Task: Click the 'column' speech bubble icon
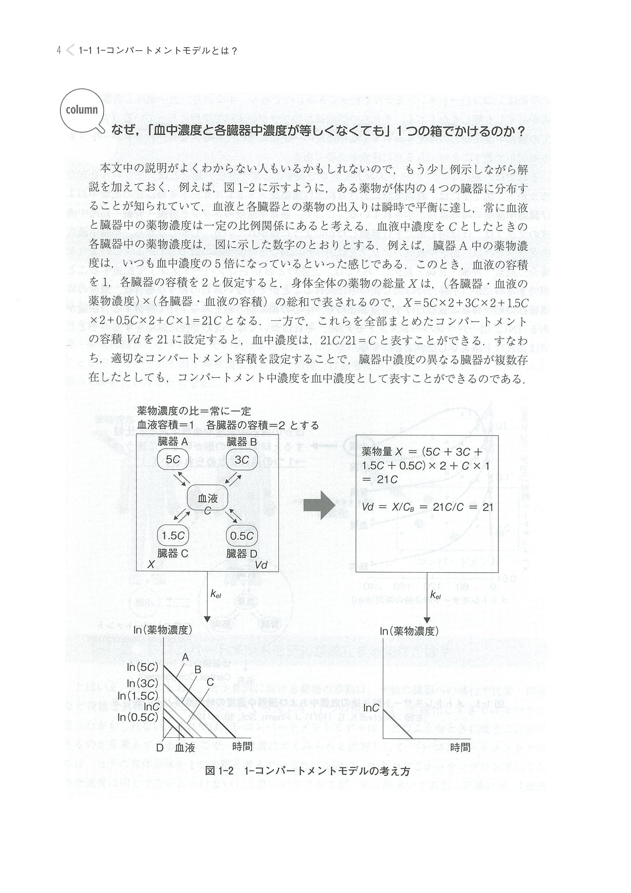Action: pyautogui.click(x=82, y=110)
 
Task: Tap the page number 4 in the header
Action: pyautogui.click(x=59, y=51)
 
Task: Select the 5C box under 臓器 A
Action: pyautogui.click(x=173, y=459)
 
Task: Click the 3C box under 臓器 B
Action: pyautogui.click(x=241, y=459)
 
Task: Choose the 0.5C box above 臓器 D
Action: pyautogui.click(x=241, y=536)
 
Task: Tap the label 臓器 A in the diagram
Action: pyautogui.click(x=173, y=441)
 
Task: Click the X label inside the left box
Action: pyautogui.click(x=151, y=564)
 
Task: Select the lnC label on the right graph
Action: pyautogui.click(x=371, y=708)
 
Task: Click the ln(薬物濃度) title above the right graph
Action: pyautogui.click(x=409, y=631)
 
